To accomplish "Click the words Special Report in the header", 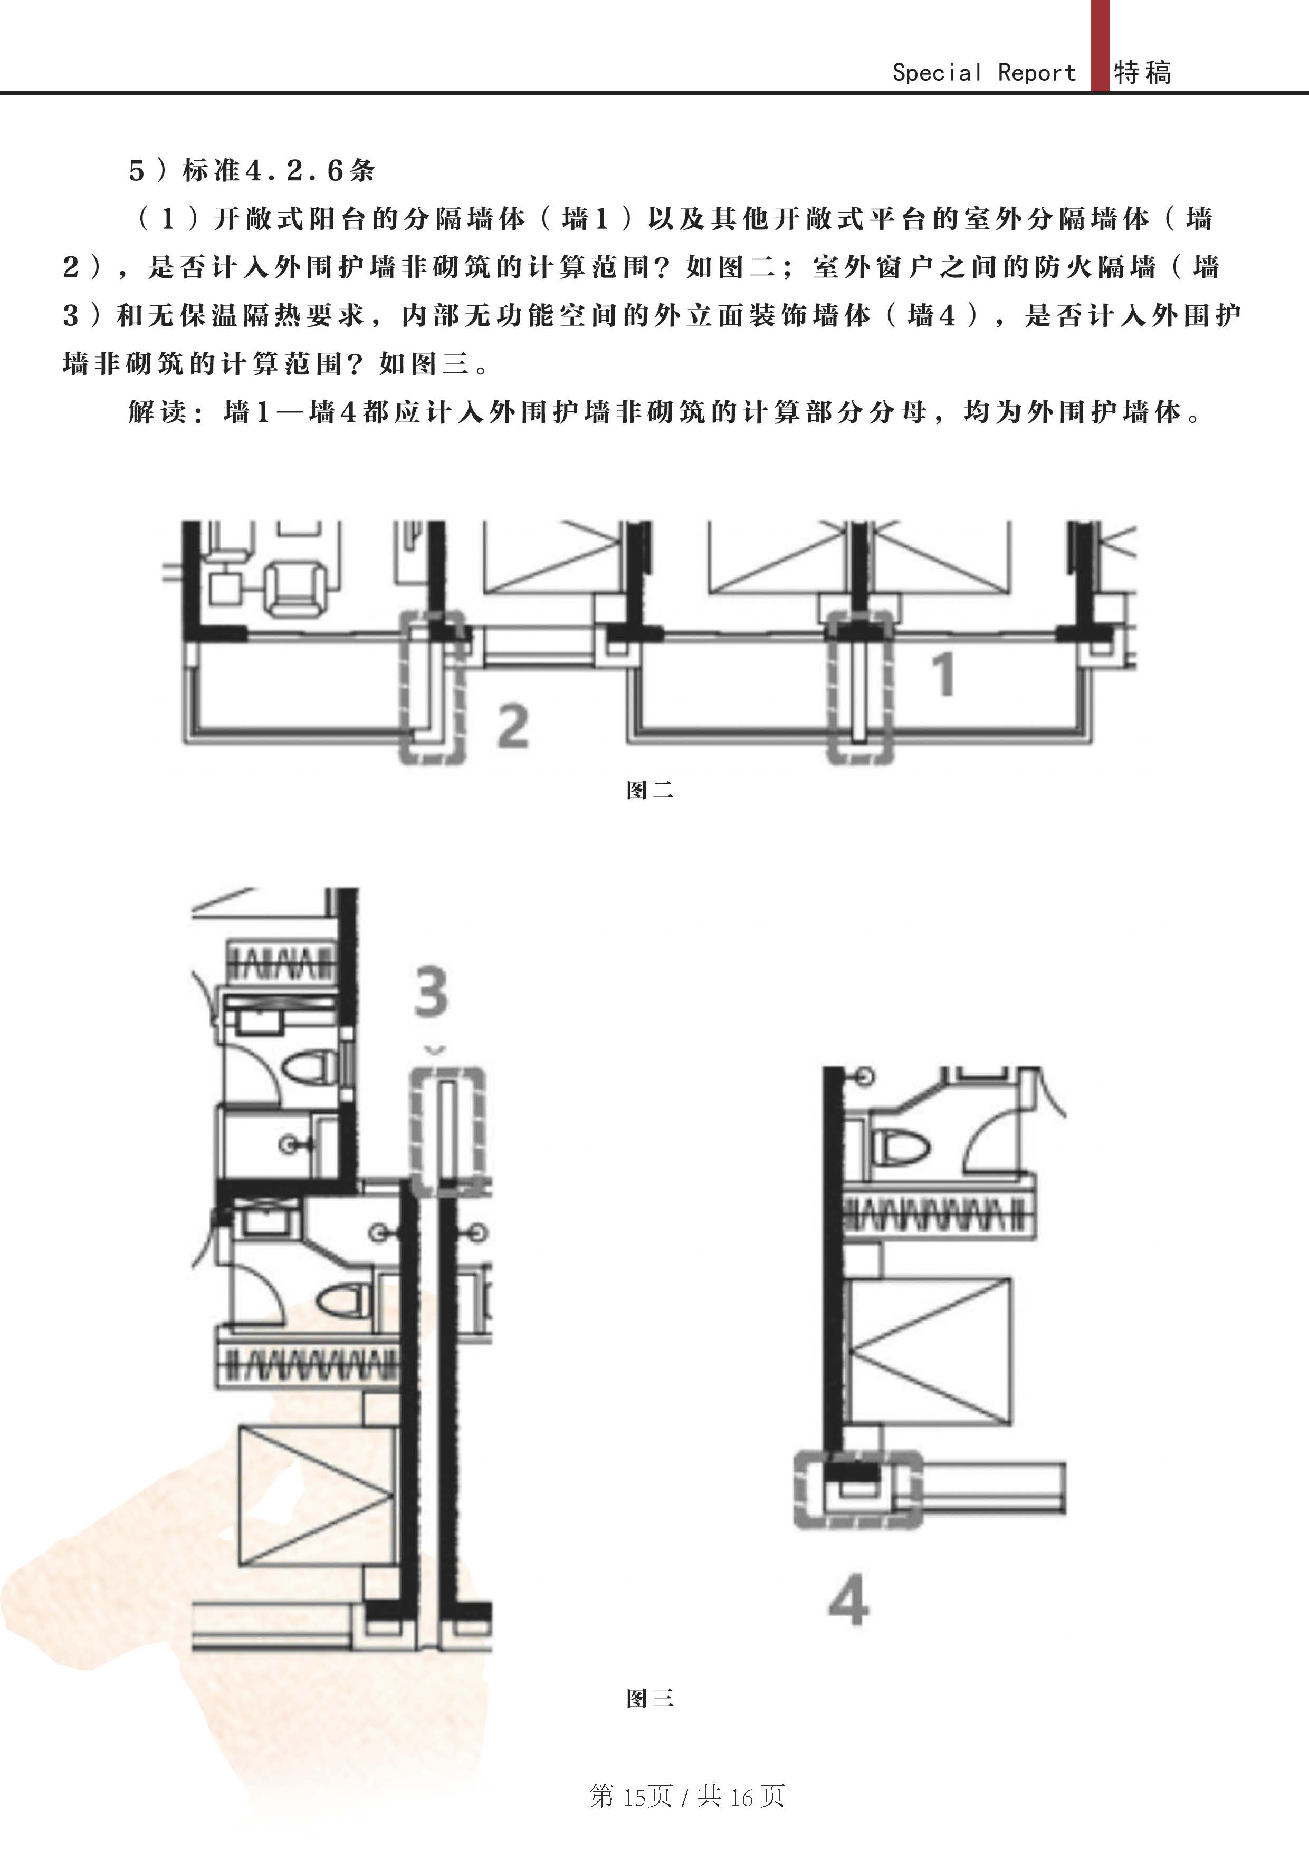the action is point(983,73).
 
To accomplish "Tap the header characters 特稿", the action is point(1142,73).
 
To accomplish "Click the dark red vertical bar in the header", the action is point(1100,45).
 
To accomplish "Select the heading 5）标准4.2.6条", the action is point(252,170).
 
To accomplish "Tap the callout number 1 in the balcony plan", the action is point(943,673).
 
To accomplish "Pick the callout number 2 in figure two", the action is point(513,726).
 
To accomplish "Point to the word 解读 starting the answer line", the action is point(158,412).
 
